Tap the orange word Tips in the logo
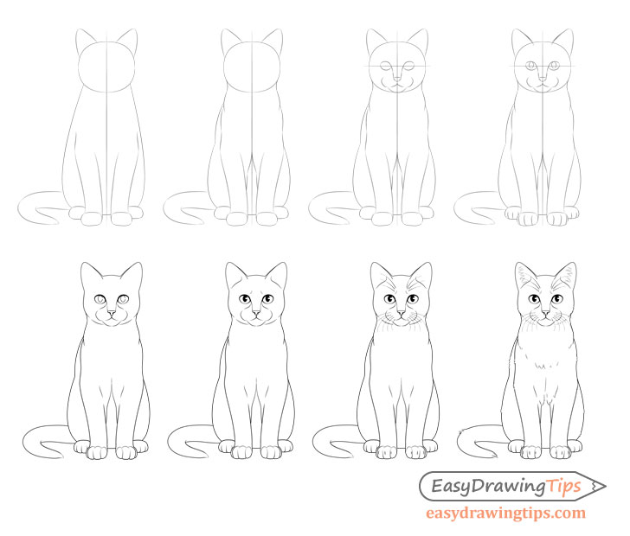pyautogui.click(x=564, y=488)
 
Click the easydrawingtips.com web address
pyautogui.click(x=505, y=514)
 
